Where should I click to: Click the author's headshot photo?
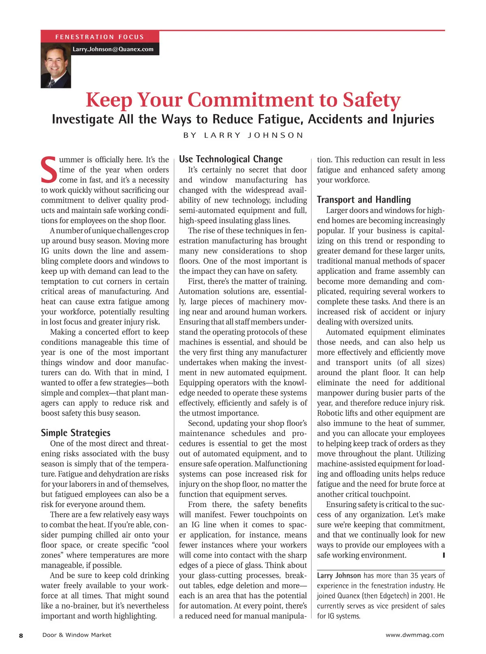click(56, 66)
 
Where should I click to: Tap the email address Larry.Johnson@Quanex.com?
click(113, 49)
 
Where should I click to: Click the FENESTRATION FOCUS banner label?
click(100, 37)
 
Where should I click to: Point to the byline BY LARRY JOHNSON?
click(243, 135)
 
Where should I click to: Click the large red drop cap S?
click(49, 170)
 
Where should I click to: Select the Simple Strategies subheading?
click(76, 433)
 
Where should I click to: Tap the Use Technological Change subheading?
click(231, 159)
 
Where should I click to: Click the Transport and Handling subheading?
click(364, 200)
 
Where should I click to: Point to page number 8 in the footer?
click(21, 635)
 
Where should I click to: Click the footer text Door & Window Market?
click(77, 635)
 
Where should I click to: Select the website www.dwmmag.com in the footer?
click(415, 635)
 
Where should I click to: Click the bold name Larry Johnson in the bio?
click(339, 576)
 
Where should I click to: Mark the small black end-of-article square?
click(444, 555)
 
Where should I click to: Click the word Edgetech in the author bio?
click(392, 596)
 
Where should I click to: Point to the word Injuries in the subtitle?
click(413, 119)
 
